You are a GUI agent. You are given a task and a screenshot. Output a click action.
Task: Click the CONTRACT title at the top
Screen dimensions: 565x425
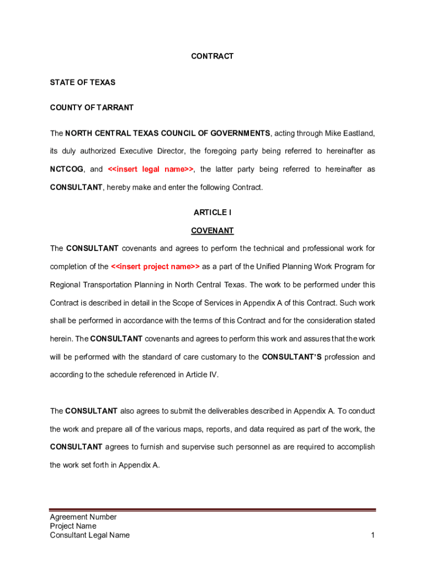click(x=212, y=56)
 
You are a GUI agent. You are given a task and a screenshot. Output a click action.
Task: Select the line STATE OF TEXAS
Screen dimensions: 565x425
click(x=83, y=82)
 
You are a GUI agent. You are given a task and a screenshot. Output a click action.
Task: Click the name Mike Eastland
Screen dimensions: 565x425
click(x=349, y=133)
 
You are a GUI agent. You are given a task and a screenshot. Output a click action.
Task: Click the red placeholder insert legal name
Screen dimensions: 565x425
click(x=151, y=169)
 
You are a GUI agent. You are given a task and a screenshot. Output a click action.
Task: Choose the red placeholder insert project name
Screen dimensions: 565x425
click(x=155, y=266)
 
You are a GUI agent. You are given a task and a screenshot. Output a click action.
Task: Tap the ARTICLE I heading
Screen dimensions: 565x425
click(x=212, y=212)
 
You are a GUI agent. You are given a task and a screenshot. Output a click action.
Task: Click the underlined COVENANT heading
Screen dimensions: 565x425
click(x=212, y=231)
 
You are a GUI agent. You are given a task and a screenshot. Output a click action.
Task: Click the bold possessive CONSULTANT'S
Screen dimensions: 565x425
click(x=291, y=357)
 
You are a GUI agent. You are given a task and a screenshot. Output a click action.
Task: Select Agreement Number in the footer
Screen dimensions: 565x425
click(x=83, y=517)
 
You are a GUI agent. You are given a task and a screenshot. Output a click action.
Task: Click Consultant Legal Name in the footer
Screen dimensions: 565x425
click(x=89, y=535)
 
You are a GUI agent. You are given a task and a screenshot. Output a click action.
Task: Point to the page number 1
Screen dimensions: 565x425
click(x=373, y=535)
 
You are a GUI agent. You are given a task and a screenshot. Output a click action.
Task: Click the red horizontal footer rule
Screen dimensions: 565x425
click(x=212, y=510)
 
